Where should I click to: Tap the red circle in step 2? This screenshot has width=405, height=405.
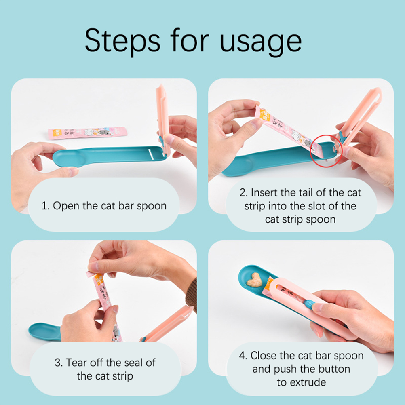click(x=326, y=151)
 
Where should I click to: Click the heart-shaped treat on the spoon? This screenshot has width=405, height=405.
click(x=254, y=280)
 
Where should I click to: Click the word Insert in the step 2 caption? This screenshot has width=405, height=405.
click(x=264, y=193)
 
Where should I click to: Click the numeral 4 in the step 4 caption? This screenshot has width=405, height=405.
click(x=242, y=356)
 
